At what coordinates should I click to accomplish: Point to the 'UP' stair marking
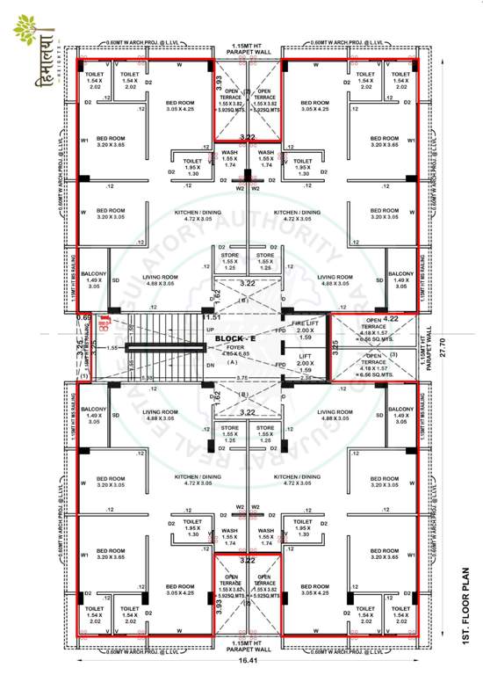pos(209,330)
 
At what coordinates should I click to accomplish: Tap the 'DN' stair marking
pos(209,365)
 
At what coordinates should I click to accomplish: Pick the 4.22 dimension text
pos(392,320)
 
